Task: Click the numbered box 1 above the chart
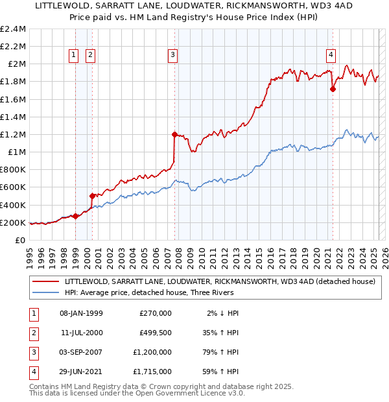74,56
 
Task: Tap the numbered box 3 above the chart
173,56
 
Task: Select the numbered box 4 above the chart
331,56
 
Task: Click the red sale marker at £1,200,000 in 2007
174,135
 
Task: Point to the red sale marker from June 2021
333,89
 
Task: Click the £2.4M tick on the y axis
13,29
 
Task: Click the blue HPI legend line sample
45,292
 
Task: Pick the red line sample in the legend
45,281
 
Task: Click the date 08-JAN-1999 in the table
81,313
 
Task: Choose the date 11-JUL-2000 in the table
81,333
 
